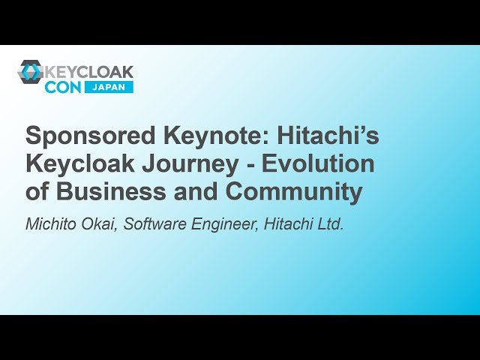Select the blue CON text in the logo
(62, 87)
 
